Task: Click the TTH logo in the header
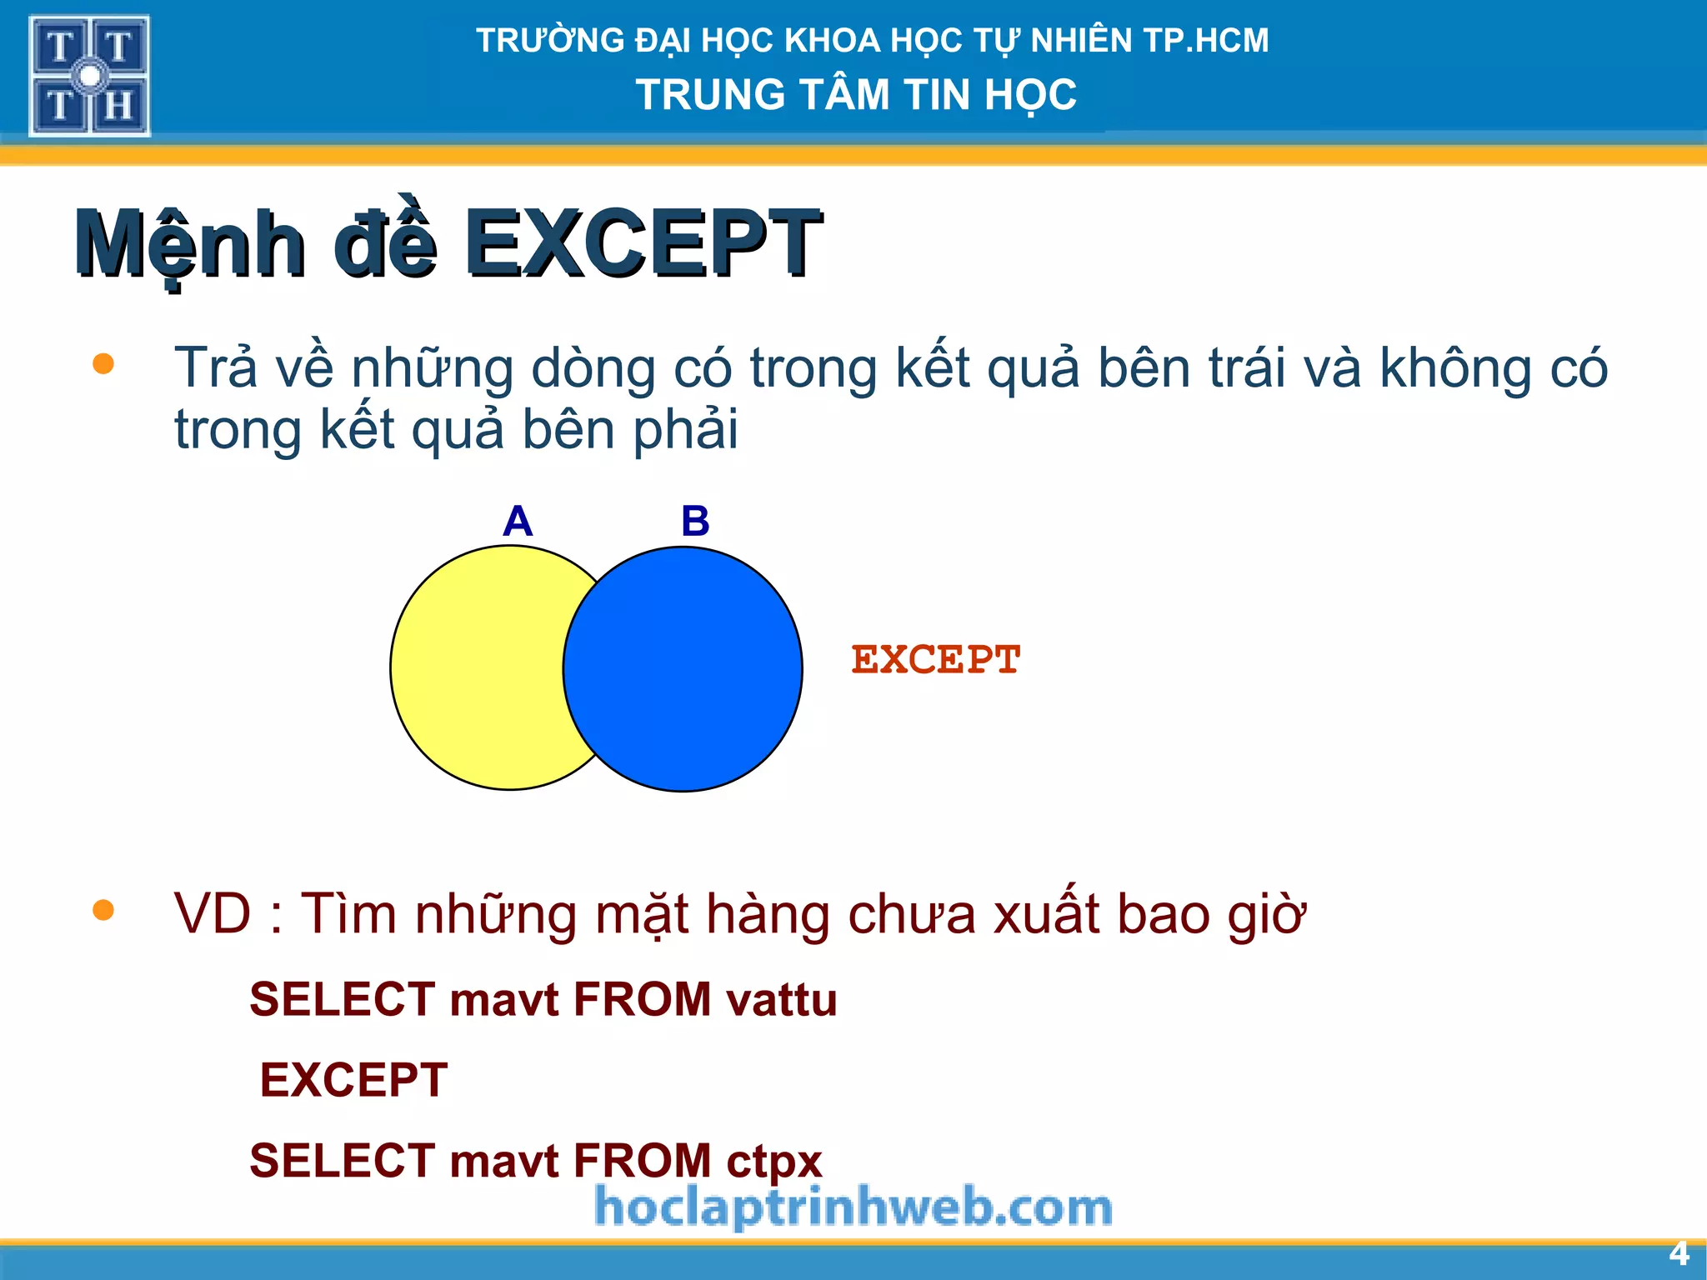89,76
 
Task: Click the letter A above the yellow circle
518,522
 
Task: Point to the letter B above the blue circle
695,522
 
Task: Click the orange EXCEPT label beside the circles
935,660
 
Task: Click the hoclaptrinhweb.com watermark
853,1207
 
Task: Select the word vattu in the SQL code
781,1000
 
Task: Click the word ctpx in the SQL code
773,1161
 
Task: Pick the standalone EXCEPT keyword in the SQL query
353,1080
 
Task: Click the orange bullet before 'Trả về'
103,364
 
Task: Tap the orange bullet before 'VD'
103,910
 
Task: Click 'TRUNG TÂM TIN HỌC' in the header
856,94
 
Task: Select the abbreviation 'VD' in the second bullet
213,914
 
